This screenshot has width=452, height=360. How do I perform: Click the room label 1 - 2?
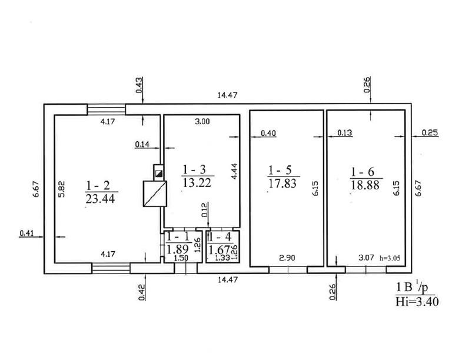click(x=98, y=185)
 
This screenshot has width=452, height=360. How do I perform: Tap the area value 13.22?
click(x=197, y=182)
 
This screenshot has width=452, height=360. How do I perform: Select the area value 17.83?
click(x=282, y=184)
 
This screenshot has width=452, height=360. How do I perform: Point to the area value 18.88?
click(x=365, y=185)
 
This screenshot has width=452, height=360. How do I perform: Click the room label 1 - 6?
click(x=363, y=172)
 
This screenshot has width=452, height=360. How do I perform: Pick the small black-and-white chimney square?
click(x=158, y=174)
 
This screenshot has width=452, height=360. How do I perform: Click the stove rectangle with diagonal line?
click(x=155, y=194)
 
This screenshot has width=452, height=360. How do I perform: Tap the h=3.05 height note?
click(x=390, y=258)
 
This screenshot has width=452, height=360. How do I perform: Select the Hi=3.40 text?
click(x=417, y=302)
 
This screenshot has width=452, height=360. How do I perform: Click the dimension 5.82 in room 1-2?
click(x=61, y=189)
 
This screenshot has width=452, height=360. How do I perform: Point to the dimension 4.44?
click(x=234, y=171)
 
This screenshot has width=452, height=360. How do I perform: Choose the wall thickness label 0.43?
click(x=139, y=85)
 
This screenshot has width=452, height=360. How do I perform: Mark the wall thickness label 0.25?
click(x=430, y=132)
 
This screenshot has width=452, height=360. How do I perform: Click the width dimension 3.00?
click(x=202, y=122)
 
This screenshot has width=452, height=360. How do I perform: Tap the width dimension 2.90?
click(x=287, y=258)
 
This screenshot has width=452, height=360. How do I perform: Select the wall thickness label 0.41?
click(x=26, y=233)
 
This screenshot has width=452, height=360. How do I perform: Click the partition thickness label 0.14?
click(x=142, y=144)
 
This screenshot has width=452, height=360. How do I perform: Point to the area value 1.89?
click(x=178, y=249)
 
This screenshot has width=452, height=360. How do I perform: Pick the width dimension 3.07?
click(x=366, y=258)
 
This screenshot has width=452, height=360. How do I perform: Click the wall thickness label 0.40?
click(x=268, y=133)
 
